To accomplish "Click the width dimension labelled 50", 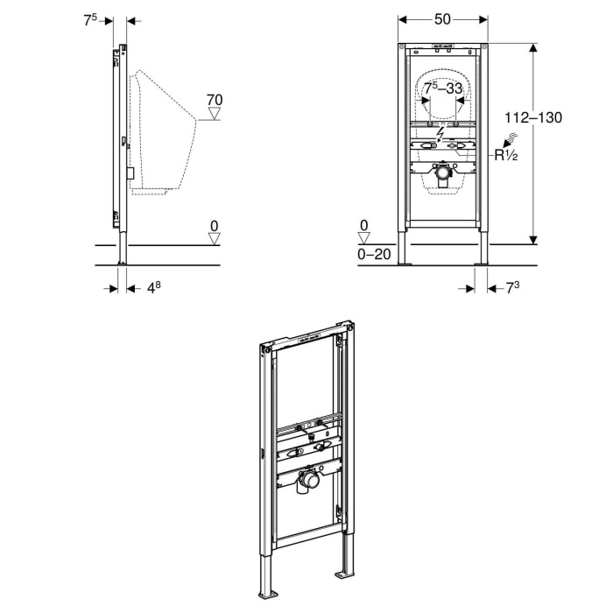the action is tap(443, 18).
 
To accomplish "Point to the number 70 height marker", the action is tap(214, 100).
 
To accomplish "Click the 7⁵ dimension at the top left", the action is tap(90, 19).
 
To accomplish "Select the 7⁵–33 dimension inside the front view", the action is tap(443, 88).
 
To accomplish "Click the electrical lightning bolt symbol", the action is tap(443, 133).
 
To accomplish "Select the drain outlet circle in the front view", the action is tap(443, 174).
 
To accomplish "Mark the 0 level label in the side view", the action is tap(214, 226).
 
